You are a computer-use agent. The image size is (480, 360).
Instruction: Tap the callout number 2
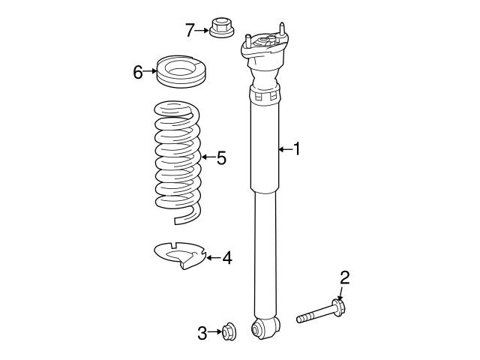click(x=344, y=278)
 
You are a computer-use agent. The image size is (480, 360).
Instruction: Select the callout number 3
click(x=202, y=334)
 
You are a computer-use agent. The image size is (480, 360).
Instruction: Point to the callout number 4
click(x=226, y=259)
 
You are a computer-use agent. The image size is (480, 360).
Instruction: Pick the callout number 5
click(x=220, y=158)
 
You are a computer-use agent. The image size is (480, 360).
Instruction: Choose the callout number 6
click(x=138, y=72)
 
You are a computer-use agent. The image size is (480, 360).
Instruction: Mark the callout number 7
click(x=190, y=30)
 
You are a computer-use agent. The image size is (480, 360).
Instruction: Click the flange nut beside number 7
click(x=220, y=28)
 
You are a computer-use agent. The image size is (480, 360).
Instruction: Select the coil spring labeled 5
click(x=178, y=161)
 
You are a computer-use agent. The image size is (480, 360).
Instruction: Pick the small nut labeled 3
click(x=230, y=331)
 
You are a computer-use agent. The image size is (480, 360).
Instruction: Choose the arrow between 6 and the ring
click(x=150, y=72)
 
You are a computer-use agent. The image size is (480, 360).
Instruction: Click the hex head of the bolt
click(x=338, y=307)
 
